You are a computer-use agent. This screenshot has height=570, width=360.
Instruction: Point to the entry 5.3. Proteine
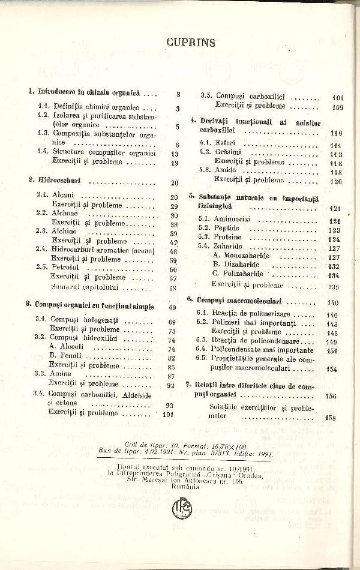(221, 238)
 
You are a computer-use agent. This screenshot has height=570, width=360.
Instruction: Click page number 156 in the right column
(329, 397)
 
